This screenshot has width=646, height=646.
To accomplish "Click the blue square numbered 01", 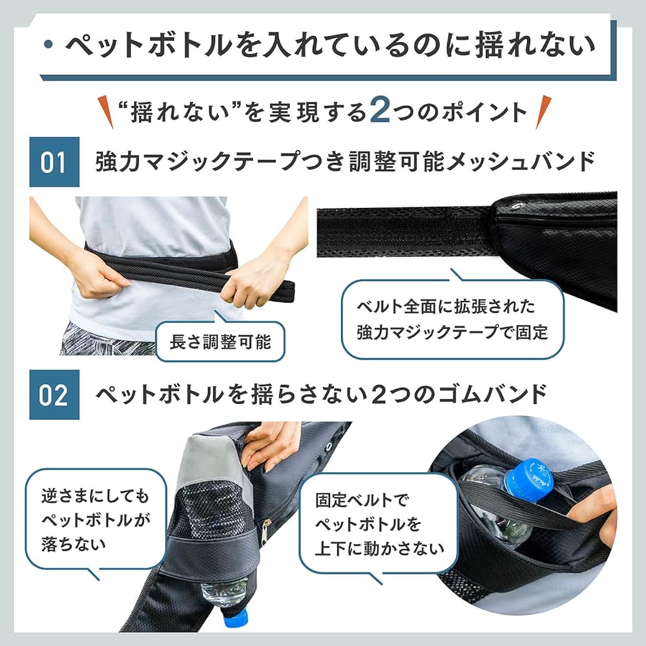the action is (54, 162).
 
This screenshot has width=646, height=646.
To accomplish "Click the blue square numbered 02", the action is (54, 395).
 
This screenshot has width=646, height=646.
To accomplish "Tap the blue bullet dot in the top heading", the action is (49, 44).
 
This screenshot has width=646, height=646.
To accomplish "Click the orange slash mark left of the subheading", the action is (106, 112).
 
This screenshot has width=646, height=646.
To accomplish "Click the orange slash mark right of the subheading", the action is (543, 112).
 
